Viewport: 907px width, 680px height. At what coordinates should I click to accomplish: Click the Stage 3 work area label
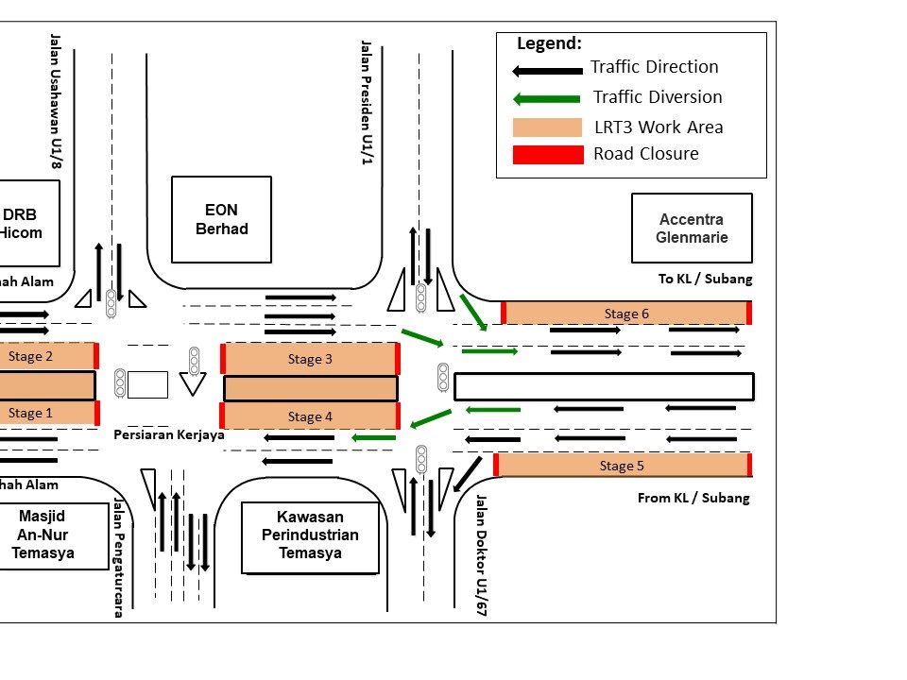coord(310,359)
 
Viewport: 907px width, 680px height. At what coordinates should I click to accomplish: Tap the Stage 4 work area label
coord(310,416)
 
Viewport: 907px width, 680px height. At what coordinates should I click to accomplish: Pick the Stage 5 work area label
coord(622,466)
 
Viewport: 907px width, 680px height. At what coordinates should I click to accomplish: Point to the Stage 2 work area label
coord(31,356)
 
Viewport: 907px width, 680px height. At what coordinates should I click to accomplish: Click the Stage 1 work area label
coord(31,413)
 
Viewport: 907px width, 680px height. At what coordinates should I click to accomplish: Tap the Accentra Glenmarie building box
coord(692,229)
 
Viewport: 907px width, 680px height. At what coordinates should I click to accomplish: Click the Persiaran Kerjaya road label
coord(169,435)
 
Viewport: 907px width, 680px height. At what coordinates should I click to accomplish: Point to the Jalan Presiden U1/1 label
coord(366,102)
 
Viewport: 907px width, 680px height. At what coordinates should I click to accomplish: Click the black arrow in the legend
coord(547,71)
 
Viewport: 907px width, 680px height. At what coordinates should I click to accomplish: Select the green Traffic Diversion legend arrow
coord(546,98)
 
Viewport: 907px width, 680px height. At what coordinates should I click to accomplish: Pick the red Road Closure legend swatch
coord(548,155)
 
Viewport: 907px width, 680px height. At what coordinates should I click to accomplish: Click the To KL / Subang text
coord(705,279)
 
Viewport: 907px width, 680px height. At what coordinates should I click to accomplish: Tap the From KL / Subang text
coord(693,498)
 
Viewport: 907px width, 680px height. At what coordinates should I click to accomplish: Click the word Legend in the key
coord(549,43)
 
